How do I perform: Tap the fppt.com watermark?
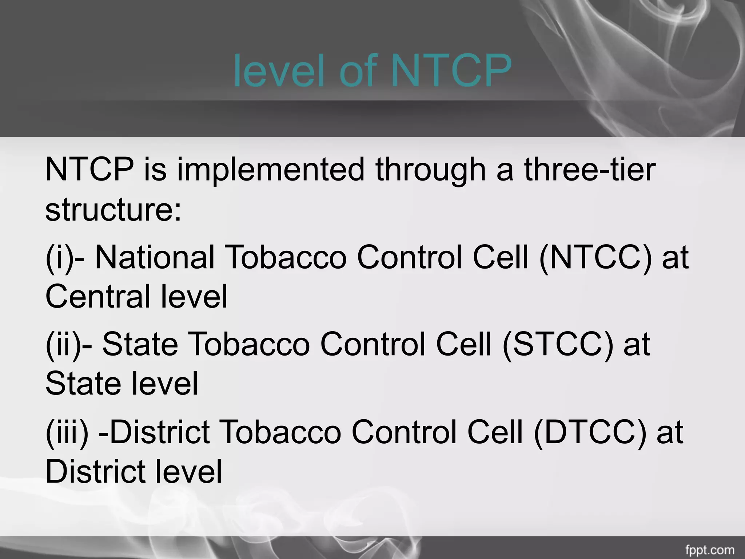715,549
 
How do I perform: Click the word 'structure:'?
113,210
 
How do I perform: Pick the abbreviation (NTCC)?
595,257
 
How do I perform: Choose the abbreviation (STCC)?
558,344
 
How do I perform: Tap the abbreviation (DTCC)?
590,432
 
